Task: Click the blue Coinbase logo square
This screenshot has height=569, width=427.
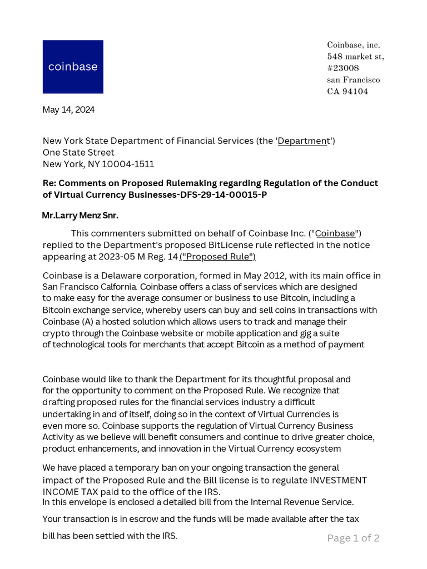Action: (73, 67)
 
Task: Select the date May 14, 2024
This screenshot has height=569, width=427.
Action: (68, 109)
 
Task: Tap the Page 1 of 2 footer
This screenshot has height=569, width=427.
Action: (353, 538)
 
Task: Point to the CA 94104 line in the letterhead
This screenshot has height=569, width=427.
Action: (347, 92)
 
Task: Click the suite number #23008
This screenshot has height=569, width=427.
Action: (343, 68)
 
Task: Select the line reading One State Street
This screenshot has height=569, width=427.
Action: (78, 152)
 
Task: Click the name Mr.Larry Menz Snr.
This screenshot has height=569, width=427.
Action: (80, 215)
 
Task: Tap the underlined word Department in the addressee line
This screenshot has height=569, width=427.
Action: (304, 141)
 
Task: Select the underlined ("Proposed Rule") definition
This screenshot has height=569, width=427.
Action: (217, 256)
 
